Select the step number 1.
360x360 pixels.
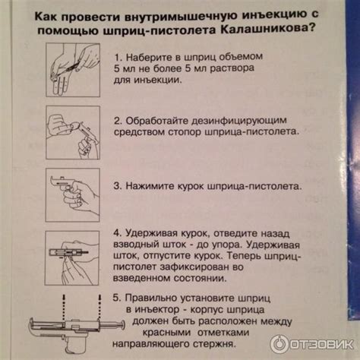click(118, 58)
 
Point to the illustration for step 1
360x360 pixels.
click(73, 70)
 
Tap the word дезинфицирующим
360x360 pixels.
click(239, 121)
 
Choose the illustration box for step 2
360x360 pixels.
click(73, 132)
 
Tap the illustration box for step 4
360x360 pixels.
click(72, 258)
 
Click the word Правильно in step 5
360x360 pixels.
click(150, 298)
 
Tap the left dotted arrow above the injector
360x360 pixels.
click(64, 307)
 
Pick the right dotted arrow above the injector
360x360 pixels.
click(99, 307)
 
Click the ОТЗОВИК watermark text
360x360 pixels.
click(322, 345)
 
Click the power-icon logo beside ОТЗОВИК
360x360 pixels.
click(279, 344)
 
